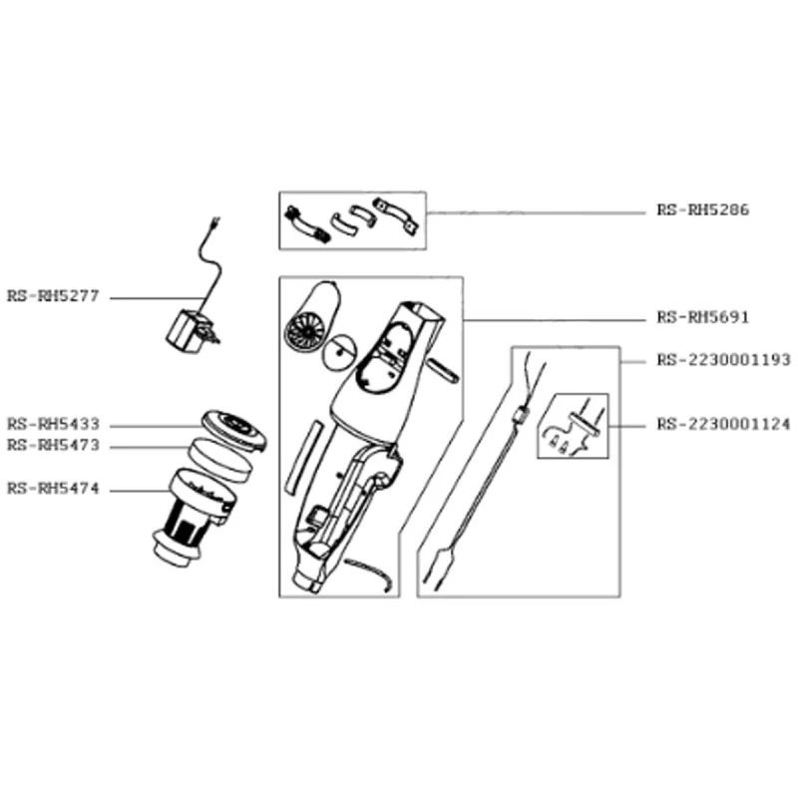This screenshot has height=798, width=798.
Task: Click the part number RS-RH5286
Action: tap(702, 209)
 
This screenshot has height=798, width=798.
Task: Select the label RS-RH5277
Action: tap(53, 295)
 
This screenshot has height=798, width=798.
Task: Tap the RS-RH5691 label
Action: tap(702, 317)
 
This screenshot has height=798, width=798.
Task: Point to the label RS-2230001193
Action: tap(723, 360)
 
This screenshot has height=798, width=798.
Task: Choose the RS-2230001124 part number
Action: tap(723, 424)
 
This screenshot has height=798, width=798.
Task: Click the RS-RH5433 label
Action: tap(53, 424)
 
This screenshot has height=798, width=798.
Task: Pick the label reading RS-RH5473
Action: tap(53, 445)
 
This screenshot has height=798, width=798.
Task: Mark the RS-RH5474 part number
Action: tap(53, 489)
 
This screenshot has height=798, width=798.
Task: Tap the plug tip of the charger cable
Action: tap(215, 221)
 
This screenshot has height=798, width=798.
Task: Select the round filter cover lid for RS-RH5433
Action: tap(234, 431)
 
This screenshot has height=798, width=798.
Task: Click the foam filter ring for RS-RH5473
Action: tap(220, 461)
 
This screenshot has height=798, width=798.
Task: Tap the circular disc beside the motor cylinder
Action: tap(339, 352)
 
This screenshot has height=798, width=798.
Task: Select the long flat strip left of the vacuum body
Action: tap(305, 457)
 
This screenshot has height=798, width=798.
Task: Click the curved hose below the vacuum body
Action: tap(370, 574)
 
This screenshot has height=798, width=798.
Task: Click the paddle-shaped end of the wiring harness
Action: tap(444, 561)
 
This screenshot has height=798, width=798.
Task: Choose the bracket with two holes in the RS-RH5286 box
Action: tap(396, 216)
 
